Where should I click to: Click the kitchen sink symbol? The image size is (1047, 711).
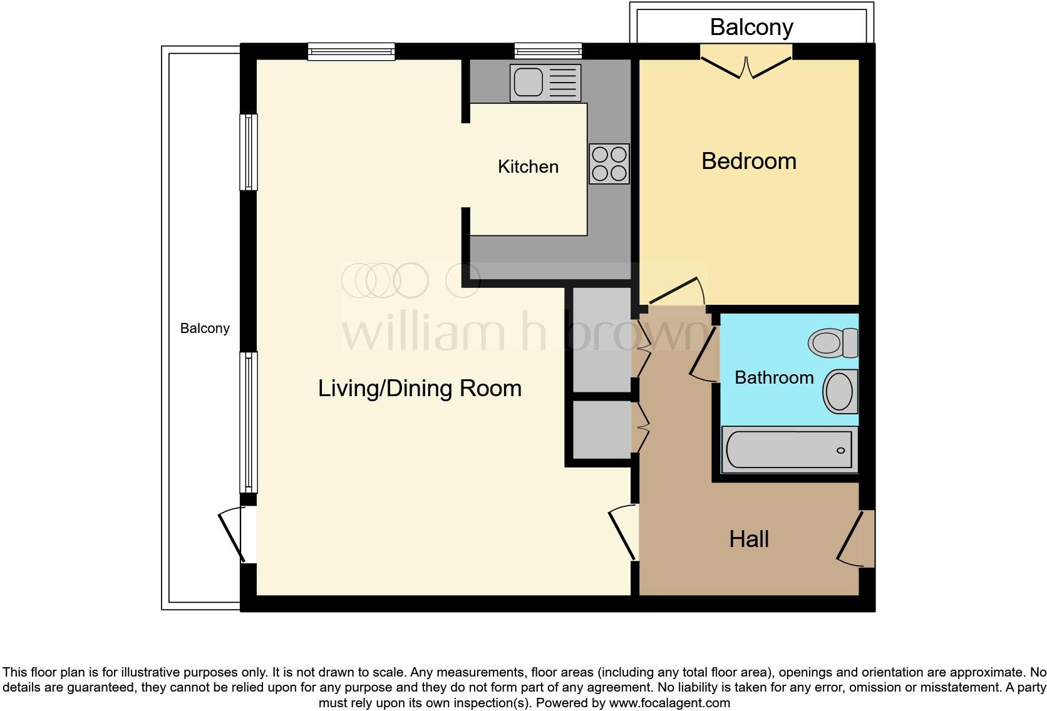[545, 83]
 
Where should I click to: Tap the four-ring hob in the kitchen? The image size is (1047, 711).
[609, 164]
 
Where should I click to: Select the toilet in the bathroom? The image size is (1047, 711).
[833, 343]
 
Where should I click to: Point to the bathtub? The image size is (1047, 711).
[788, 450]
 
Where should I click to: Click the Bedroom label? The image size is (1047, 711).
[748, 161]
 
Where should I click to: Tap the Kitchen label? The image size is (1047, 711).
[528, 166]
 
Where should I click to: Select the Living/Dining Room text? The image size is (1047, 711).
[420, 388]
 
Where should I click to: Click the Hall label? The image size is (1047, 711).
[748, 539]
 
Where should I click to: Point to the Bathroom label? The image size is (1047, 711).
[774, 377]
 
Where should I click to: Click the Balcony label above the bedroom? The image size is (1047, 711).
[751, 27]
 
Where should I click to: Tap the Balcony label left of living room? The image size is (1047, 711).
[205, 328]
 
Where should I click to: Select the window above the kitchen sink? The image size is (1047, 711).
[548, 51]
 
